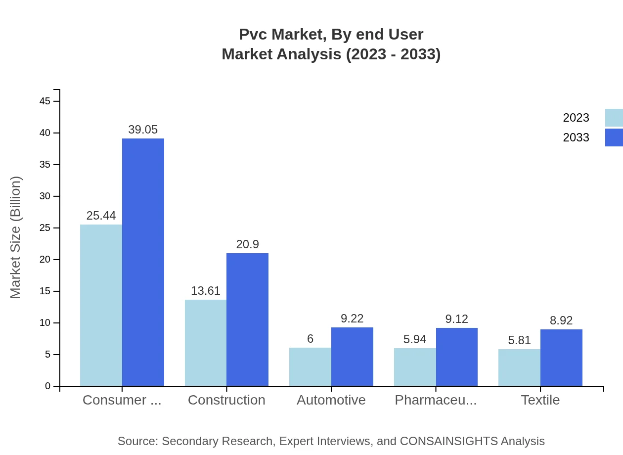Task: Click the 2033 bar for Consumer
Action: coord(143,262)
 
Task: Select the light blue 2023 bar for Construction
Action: coord(206,343)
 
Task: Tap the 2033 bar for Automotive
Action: coord(352,357)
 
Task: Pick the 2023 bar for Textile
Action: coord(519,367)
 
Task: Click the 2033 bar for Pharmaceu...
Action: coord(457,357)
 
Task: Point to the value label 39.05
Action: coord(143,130)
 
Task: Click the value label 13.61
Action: coord(206,291)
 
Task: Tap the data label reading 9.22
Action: coord(352,318)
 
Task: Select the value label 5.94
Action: coord(415,339)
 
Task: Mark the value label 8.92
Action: coord(561,320)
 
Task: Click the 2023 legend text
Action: coord(576,118)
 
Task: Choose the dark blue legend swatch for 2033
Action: coord(614,137)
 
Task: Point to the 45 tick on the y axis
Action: coord(45,101)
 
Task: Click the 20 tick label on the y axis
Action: coord(45,260)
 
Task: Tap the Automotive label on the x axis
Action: coord(331,400)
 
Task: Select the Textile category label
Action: coord(540,400)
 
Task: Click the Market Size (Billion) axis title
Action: coord(16,237)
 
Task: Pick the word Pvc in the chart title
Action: coord(253,35)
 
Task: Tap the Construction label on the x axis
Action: coord(226,400)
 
